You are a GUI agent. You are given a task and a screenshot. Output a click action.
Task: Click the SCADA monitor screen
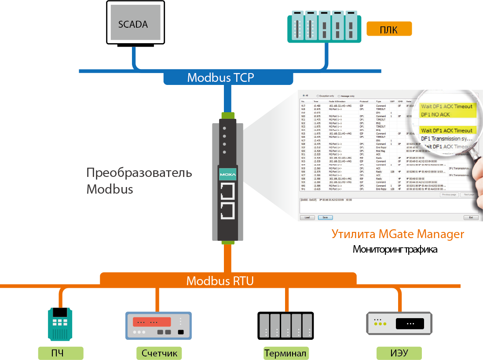[x=133, y=24]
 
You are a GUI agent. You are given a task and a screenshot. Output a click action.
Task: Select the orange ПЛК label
[x=389, y=30]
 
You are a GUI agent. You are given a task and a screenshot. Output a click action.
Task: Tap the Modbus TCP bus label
[x=220, y=77]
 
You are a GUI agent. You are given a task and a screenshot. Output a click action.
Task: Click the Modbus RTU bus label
[x=220, y=280]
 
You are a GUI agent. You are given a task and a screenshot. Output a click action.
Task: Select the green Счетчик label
[x=159, y=353]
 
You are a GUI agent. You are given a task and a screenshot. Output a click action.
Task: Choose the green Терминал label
[x=285, y=353]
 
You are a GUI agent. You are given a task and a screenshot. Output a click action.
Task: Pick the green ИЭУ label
[x=399, y=353]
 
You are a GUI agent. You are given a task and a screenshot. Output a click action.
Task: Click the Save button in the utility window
[x=325, y=217]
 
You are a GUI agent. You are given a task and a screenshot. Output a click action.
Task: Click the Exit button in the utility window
[x=471, y=217]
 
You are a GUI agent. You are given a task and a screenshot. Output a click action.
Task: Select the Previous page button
[x=449, y=194]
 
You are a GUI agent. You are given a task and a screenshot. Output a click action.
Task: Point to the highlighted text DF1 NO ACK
[x=436, y=114]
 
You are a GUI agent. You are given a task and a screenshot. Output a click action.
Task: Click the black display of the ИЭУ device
[x=410, y=324]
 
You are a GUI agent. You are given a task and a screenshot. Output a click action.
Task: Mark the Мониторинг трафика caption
[x=395, y=250]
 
